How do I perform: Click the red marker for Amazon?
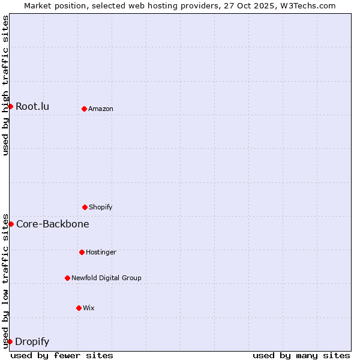84,109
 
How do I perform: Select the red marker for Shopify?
85,207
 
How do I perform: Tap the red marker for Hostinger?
82,252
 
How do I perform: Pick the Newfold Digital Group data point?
67,278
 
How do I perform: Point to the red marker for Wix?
79,308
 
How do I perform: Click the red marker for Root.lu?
10,106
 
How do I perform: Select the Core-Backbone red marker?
11,224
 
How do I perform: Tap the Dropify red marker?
10,341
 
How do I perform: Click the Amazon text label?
101,109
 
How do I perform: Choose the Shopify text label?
101,207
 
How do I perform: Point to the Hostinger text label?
101,252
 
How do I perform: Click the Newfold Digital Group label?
106,278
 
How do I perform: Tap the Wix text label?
89,308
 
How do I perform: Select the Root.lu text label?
32,106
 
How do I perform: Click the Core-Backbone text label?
53,224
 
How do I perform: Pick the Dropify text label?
32,341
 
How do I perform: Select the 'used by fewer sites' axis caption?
62,355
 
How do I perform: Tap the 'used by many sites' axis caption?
301,355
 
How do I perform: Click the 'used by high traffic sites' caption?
5,85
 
